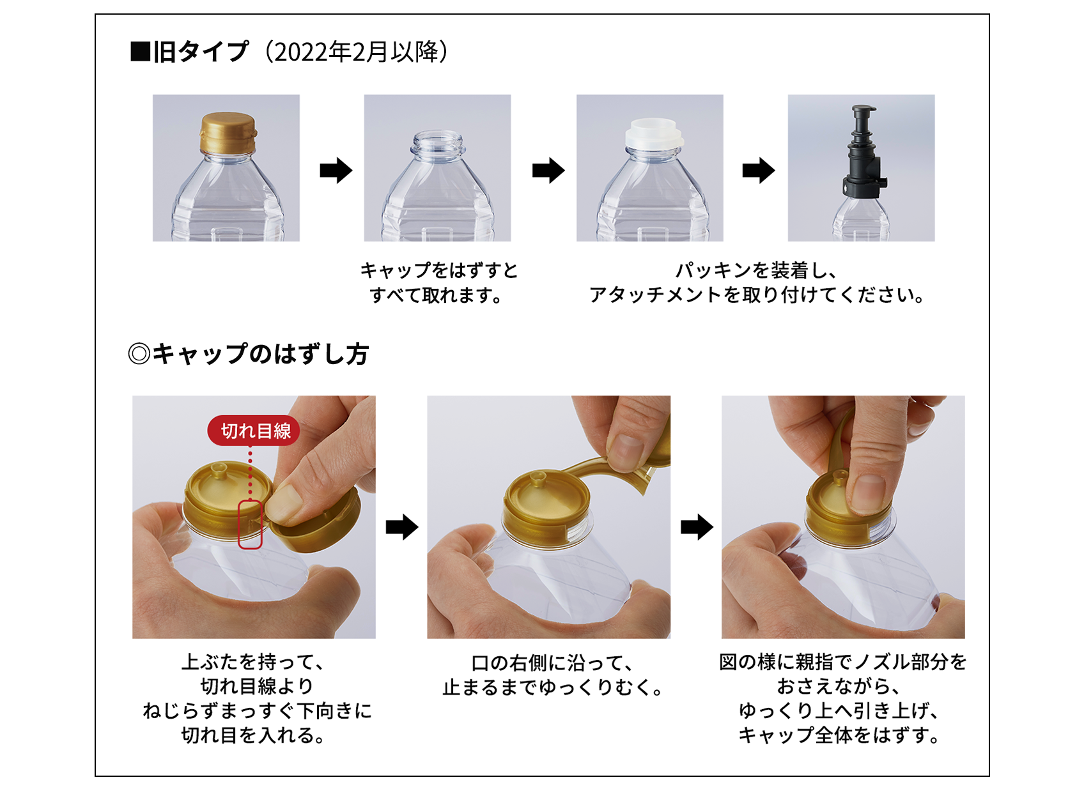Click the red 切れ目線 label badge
253,430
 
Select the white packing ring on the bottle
654,132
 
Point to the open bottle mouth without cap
437,141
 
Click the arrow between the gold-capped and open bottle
336,171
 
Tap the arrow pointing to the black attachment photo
758,171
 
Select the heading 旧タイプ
201,52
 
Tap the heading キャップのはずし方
261,354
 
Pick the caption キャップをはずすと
439,270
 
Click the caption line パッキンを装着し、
756,270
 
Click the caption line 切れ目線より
258,686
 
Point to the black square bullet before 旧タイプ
141,51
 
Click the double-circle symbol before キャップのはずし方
139,354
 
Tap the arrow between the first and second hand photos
401,527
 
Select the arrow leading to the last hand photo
697,527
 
